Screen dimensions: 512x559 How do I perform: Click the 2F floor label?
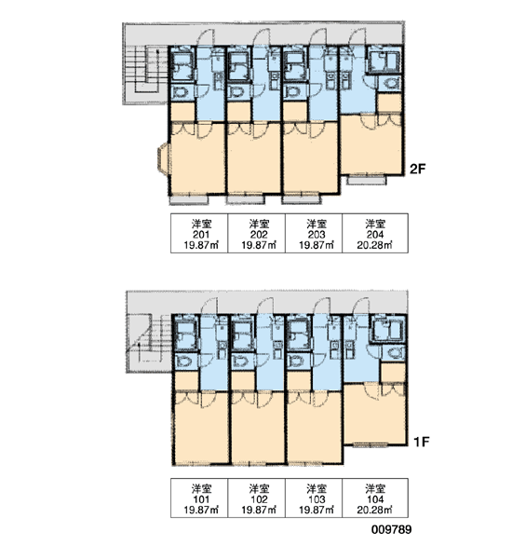coord(418,169)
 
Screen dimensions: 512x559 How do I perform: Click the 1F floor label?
coord(422,442)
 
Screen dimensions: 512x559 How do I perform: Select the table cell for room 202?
coord(257,233)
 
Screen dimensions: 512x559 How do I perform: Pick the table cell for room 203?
coord(314,233)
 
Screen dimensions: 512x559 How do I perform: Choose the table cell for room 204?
coord(375,233)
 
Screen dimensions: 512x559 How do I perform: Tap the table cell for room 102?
coord(257,498)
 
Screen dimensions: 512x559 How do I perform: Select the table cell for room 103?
coord(314,498)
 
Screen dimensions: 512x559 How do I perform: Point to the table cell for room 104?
coord(375,498)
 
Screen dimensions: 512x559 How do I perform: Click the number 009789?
coord(391,529)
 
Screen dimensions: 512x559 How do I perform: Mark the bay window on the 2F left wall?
coord(163,158)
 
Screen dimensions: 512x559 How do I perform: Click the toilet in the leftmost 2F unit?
coord(182,92)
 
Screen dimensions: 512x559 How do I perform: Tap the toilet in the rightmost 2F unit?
coord(391,84)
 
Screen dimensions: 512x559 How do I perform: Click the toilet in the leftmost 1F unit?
coord(184,361)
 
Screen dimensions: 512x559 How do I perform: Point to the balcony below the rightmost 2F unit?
coord(367,180)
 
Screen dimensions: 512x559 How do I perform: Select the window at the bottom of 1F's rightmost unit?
coord(371,444)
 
